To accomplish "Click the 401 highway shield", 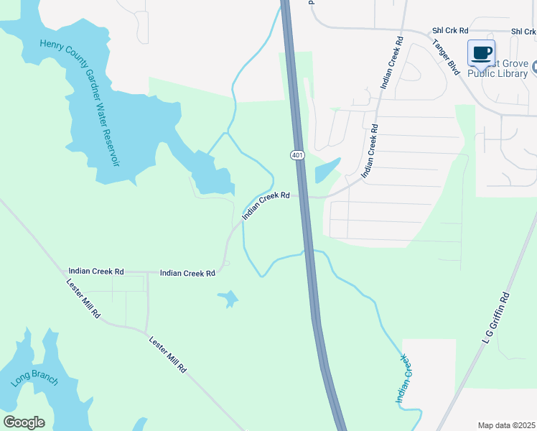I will pyautogui.click(x=296, y=155).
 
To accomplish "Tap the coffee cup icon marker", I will pyautogui.click(x=482, y=52).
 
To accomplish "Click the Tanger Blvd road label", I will pyautogui.click(x=446, y=55).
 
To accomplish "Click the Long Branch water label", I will pyautogui.click(x=34, y=371).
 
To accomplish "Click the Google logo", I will pyautogui.click(x=24, y=422).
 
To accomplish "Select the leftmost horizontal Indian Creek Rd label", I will pyautogui.click(x=96, y=272).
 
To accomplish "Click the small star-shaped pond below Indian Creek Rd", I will pyautogui.click(x=228, y=297).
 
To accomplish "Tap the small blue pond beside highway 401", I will pyautogui.click(x=326, y=170).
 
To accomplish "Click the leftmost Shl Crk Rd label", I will pyautogui.click(x=450, y=31).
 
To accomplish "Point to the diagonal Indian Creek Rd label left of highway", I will pyautogui.click(x=266, y=205).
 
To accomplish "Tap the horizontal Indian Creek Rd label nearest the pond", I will pyautogui.click(x=188, y=274).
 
